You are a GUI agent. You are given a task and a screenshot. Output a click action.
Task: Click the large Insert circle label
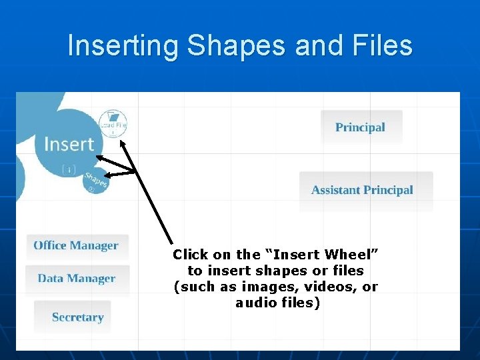(69, 144)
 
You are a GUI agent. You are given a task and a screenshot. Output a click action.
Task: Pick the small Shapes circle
(95, 181)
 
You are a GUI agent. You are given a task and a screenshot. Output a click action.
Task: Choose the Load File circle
(113, 123)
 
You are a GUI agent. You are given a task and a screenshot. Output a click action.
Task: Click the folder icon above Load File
(113, 116)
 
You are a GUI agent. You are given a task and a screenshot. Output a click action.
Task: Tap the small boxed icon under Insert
(69, 169)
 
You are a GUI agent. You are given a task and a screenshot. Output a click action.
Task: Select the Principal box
(361, 127)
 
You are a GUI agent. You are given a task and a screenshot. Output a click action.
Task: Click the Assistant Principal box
(363, 190)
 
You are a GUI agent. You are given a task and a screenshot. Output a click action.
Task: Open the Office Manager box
(76, 245)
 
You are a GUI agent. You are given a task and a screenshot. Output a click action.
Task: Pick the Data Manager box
(77, 279)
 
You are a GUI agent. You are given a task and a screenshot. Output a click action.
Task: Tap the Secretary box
(78, 317)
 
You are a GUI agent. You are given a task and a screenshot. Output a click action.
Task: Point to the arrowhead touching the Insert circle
(98, 158)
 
